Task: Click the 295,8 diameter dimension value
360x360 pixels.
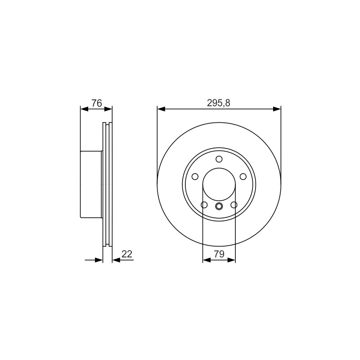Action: pyautogui.click(x=218, y=103)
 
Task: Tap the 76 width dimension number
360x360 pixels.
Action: pyautogui.click(x=97, y=103)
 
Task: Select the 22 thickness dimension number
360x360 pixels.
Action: pyautogui.click(x=127, y=254)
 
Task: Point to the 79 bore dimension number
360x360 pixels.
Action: pyautogui.click(x=219, y=254)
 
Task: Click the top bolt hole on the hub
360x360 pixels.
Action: pyautogui.click(x=219, y=159)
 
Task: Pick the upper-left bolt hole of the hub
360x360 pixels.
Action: pyautogui.click(x=195, y=176)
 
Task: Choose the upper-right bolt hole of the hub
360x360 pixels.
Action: pyautogui.click(x=243, y=176)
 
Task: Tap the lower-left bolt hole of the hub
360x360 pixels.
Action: pyautogui.click(x=204, y=205)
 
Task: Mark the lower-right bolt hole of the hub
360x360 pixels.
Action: pyautogui.click(x=234, y=205)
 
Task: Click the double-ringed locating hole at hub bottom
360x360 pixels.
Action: pyautogui.click(x=219, y=206)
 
